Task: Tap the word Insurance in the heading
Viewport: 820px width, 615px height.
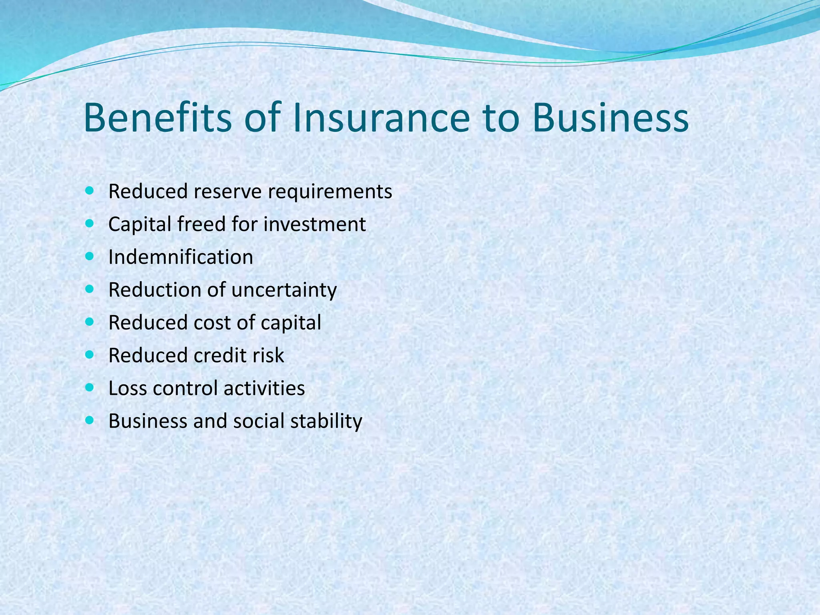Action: [x=381, y=118]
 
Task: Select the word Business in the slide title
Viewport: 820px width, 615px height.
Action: [x=611, y=118]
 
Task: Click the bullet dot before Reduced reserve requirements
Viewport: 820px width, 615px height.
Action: [x=90, y=191]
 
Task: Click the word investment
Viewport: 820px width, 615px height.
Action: [x=314, y=224]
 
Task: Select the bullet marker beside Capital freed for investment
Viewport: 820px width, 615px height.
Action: [x=90, y=223]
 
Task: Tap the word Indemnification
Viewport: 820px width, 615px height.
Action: [x=181, y=257]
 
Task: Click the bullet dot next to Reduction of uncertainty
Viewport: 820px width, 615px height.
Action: [x=90, y=289]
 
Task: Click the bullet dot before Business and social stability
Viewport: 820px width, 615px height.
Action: [x=90, y=420]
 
